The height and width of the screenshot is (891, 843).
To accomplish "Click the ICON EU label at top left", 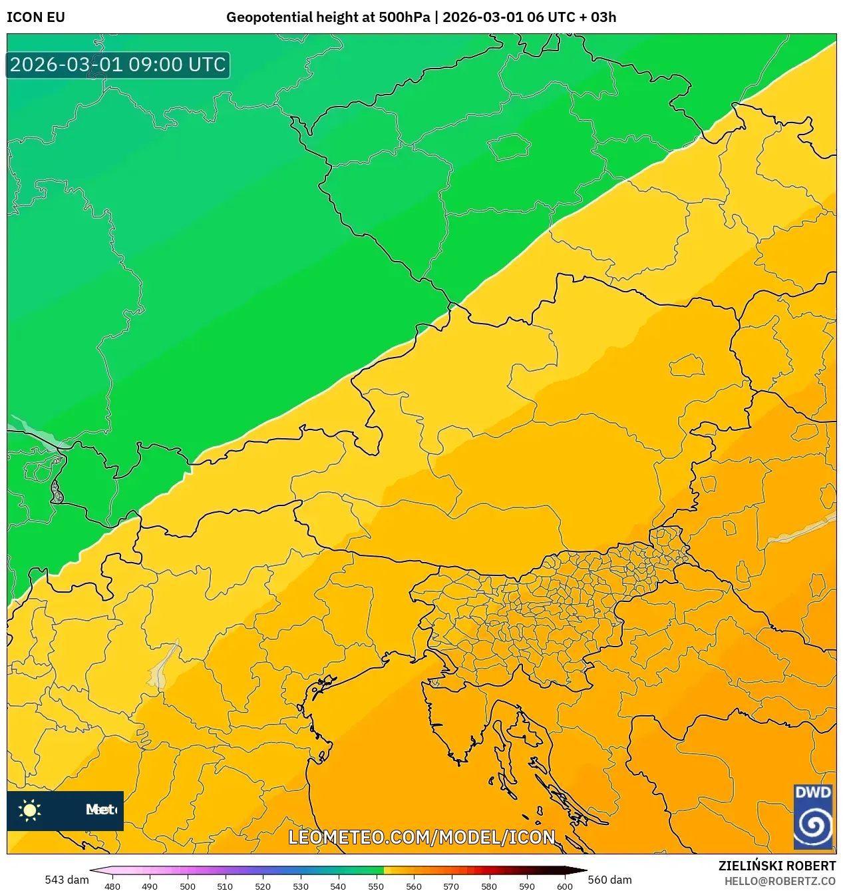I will (x=36, y=17).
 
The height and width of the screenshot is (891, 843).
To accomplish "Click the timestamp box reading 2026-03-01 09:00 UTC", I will (x=118, y=65).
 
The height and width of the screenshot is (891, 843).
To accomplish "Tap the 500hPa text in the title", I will (x=405, y=17).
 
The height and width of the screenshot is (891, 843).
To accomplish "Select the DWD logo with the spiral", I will (x=813, y=816).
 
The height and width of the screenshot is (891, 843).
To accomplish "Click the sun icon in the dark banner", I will (x=30, y=810).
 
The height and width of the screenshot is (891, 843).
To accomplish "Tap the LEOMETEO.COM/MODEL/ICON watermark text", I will (x=421, y=837).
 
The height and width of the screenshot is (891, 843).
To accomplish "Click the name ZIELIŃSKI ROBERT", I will (x=776, y=866).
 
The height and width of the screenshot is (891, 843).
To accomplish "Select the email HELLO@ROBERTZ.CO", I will (x=780, y=881).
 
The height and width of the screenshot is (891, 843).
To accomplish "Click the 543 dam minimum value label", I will (x=67, y=880).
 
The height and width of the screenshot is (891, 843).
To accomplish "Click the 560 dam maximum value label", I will (x=609, y=880).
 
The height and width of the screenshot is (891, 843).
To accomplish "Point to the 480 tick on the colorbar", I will (x=112, y=886).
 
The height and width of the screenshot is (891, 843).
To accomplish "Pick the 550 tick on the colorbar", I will (x=376, y=886).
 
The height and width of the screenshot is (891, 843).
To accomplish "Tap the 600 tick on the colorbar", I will (x=564, y=886).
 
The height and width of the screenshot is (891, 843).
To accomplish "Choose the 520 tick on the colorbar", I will (x=263, y=886).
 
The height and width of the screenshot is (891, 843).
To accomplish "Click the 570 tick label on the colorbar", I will (x=451, y=886).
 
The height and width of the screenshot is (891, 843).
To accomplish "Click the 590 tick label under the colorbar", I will (x=527, y=886).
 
